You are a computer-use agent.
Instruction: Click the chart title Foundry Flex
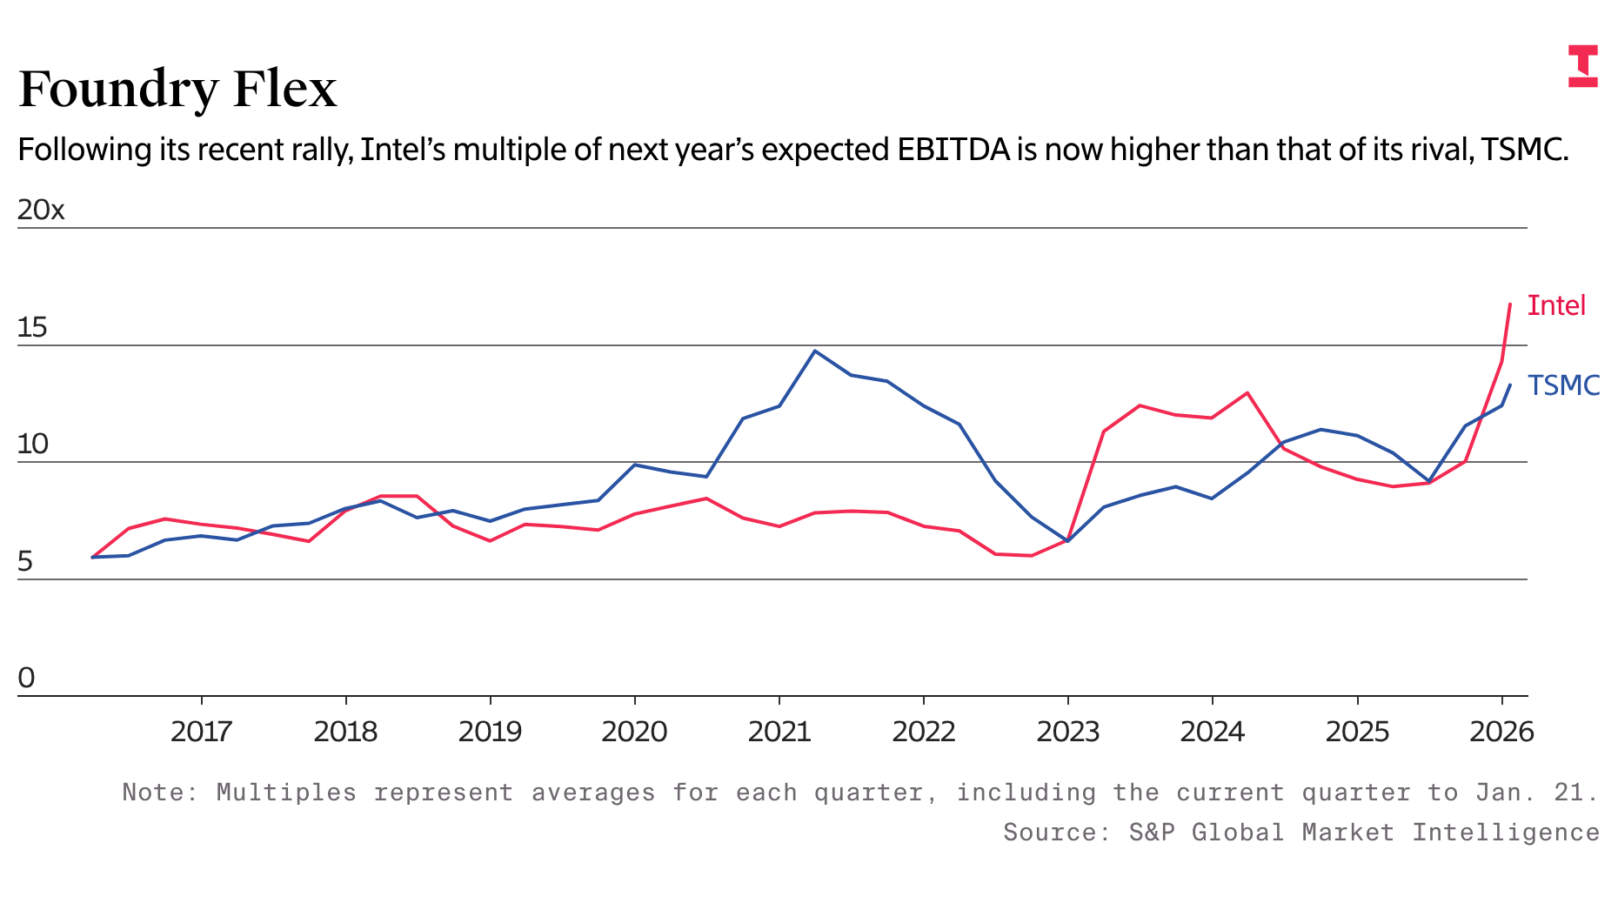(x=177, y=89)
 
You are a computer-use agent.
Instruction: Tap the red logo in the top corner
(x=1582, y=66)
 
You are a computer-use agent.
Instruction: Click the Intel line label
(x=1556, y=305)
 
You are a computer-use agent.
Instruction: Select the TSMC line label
(x=1563, y=385)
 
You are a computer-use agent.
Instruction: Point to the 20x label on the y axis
(x=41, y=210)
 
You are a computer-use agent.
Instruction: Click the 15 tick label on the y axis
(x=32, y=328)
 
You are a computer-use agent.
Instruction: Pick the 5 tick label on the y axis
(x=25, y=562)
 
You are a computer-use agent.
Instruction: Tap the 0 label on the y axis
(x=26, y=678)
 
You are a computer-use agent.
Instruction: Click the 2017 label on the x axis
(x=201, y=732)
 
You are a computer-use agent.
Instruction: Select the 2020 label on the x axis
(x=634, y=732)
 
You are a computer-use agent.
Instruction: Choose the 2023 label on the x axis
(x=1067, y=732)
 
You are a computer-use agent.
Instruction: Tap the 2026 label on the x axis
(x=1501, y=732)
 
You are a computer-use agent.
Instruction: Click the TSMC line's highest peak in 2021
(x=814, y=351)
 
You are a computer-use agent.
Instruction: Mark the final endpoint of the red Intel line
(x=1509, y=304)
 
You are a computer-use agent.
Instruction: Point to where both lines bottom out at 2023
(x=1067, y=541)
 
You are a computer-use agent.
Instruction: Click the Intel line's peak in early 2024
(x=1247, y=393)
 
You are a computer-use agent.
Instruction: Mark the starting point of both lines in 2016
(x=92, y=557)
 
